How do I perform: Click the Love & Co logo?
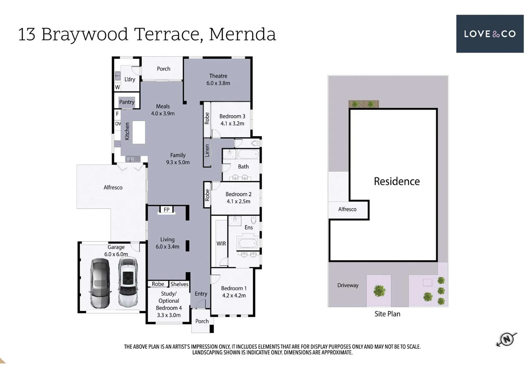(x=490, y=34)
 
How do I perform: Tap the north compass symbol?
(x=507, y=339)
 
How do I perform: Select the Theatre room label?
(x=218, y=76)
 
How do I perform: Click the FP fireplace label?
(x=166, y=210)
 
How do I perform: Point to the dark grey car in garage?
(x=100, y=283)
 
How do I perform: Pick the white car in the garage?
(x=128, y=282)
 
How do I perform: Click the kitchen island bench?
(x=139, y=132)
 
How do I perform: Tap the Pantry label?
(x=127, y=102)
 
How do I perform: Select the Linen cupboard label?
(x=207, y=151)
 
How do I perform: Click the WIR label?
(x=221, y=243)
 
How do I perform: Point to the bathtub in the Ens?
(x=248, y=243)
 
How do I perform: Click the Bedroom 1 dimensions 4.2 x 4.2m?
(x=234, y=295)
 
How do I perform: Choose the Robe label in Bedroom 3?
(x=207, y=118)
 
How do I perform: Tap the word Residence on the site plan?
(x=396, y=181)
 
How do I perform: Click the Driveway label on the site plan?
(x=348, y=285)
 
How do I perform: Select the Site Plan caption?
(x=387, y=314)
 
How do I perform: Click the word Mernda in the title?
(x=242, y=34)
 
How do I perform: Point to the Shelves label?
(x=179, y=284)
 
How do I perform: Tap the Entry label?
(x=201, y=294)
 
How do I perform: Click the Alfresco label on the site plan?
(x=347, y=209)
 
